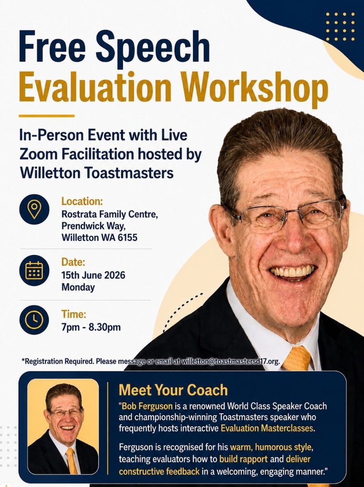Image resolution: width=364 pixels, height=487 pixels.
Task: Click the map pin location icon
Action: click(x=34, y=209)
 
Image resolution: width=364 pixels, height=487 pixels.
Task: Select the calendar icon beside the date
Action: click(x=34, y=270)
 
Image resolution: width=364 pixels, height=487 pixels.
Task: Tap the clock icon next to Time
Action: click(x=34, y=320)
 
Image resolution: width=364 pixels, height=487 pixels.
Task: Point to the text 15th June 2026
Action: click(x=93, y=275)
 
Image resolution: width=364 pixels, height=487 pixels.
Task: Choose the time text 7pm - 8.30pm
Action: click(x=91, y=327)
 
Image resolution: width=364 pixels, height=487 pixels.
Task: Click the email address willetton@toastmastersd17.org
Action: click(x=230, y=361)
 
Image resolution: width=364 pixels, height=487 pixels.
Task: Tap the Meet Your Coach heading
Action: click(x=173, y=390)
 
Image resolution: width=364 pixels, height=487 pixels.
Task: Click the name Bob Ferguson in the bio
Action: click(x=147, y=406)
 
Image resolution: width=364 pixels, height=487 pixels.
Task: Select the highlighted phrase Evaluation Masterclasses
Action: click(x=267, y=429)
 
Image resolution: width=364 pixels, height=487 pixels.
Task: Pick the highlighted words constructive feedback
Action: click(x=159, y=471)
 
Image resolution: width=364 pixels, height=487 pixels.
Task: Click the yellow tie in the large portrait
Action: click(x=297, y=359)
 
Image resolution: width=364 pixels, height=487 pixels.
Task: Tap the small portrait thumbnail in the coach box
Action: click(x=63, y=427)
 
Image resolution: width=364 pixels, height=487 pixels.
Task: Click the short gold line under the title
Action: click(x=47, y=116)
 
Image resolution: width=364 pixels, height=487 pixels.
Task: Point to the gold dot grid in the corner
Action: click(x=340, y=27)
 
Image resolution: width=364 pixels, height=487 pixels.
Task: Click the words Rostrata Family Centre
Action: click(x=110, y=214)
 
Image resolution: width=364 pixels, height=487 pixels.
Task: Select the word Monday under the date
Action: click(x=78, y=287)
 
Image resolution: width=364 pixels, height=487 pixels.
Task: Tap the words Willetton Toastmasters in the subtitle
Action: click(x=96, y=173)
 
